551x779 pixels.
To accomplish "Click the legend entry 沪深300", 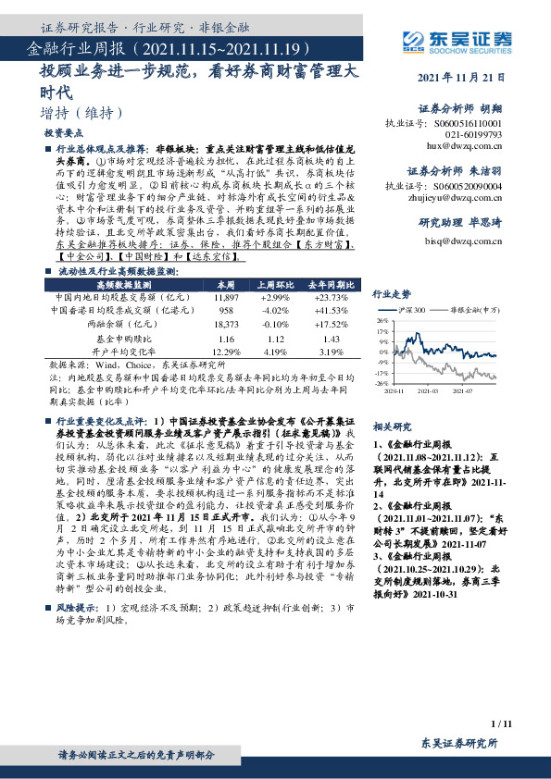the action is (x=413, y=309).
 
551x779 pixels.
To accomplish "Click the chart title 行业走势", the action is (x=390, y=294).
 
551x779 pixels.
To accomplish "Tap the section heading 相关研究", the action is (x=390, y=427).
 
